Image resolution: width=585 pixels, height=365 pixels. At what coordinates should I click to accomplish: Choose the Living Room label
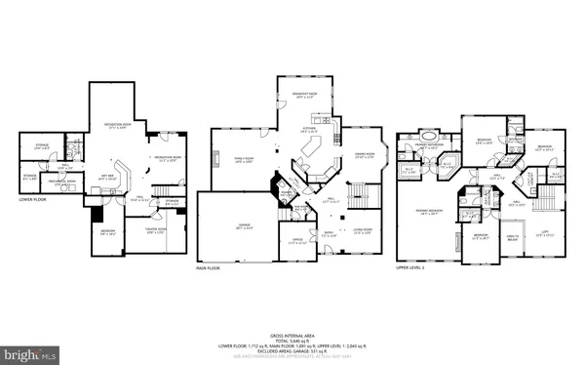pyautogui.click(x=362, y=229)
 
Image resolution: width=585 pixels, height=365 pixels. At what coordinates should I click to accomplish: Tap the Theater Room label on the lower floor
pyautogui.click(x=155, y=229)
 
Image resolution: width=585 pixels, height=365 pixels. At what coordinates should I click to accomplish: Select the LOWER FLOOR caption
pyautogui.click(x=33, y=199)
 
